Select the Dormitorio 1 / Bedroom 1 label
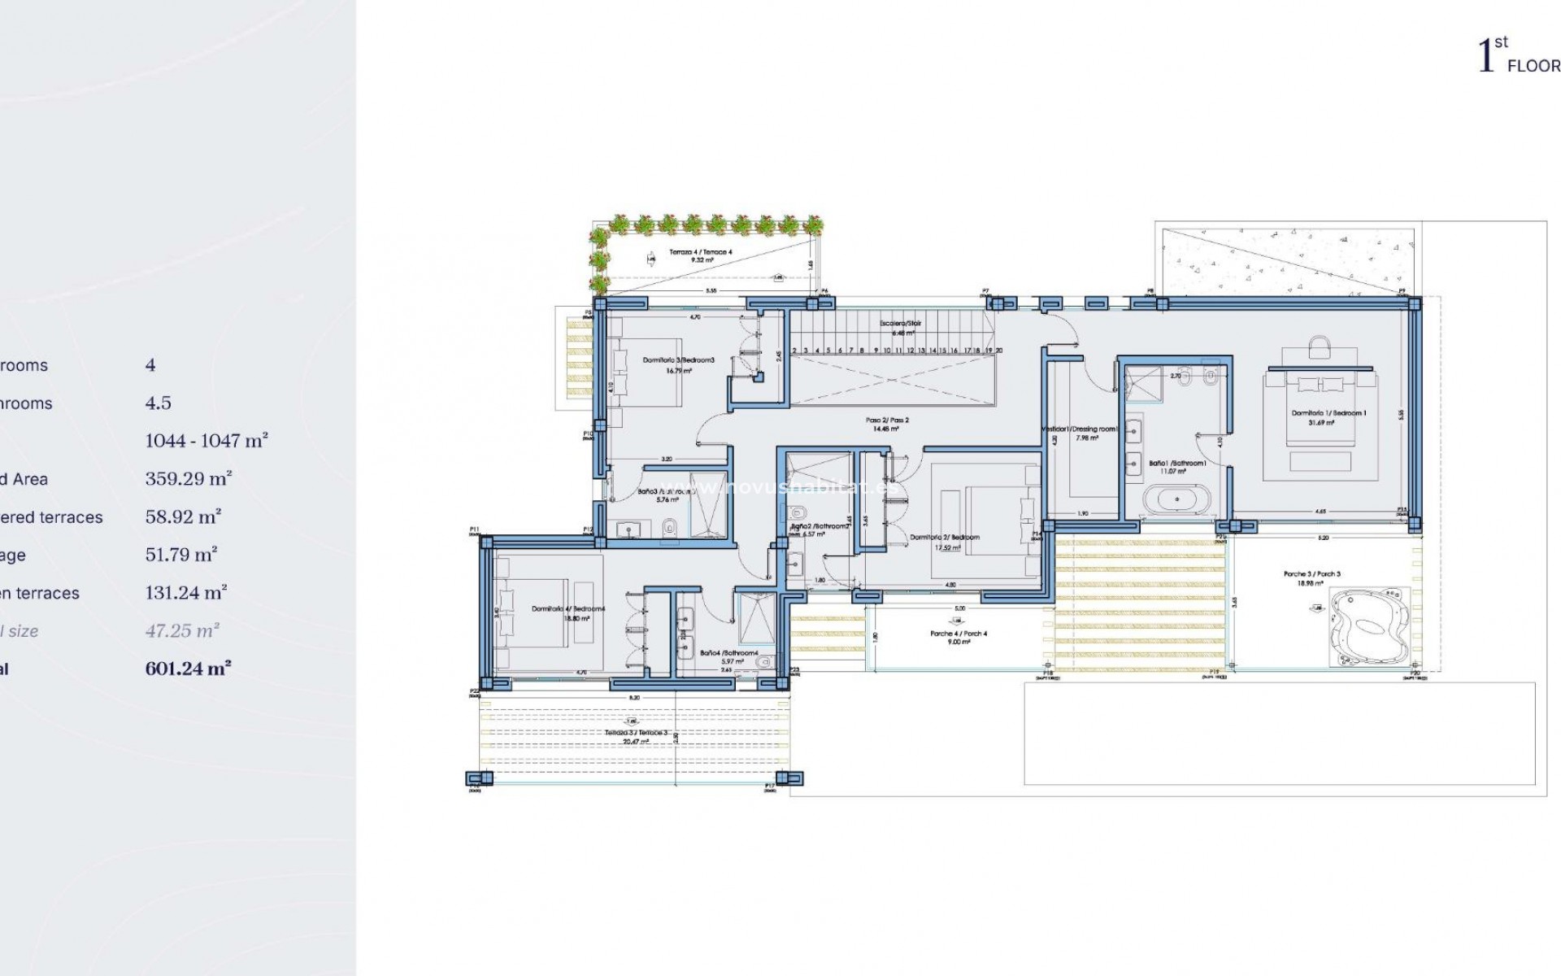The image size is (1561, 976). (x=1328, y=413)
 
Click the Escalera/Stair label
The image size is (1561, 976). (x=900, y=324)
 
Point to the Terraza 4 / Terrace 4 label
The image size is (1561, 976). (x=700, y=253)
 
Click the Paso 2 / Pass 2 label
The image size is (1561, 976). (x=887, y=420)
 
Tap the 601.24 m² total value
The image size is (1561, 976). (x=189, y=669)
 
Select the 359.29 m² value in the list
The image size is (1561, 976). (x=189, y=479)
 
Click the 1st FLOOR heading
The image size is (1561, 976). (x=1517, y=57)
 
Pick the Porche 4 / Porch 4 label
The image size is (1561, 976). (x=959, y=634)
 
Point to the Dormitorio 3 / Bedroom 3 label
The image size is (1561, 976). (x=678, y=359)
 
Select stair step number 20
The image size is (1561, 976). (x=998, y=350)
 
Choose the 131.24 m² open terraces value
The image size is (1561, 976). (x=186, y=593)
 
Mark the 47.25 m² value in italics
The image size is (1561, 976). (x=183, y=631)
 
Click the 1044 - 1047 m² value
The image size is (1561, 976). (x=207, y=441)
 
